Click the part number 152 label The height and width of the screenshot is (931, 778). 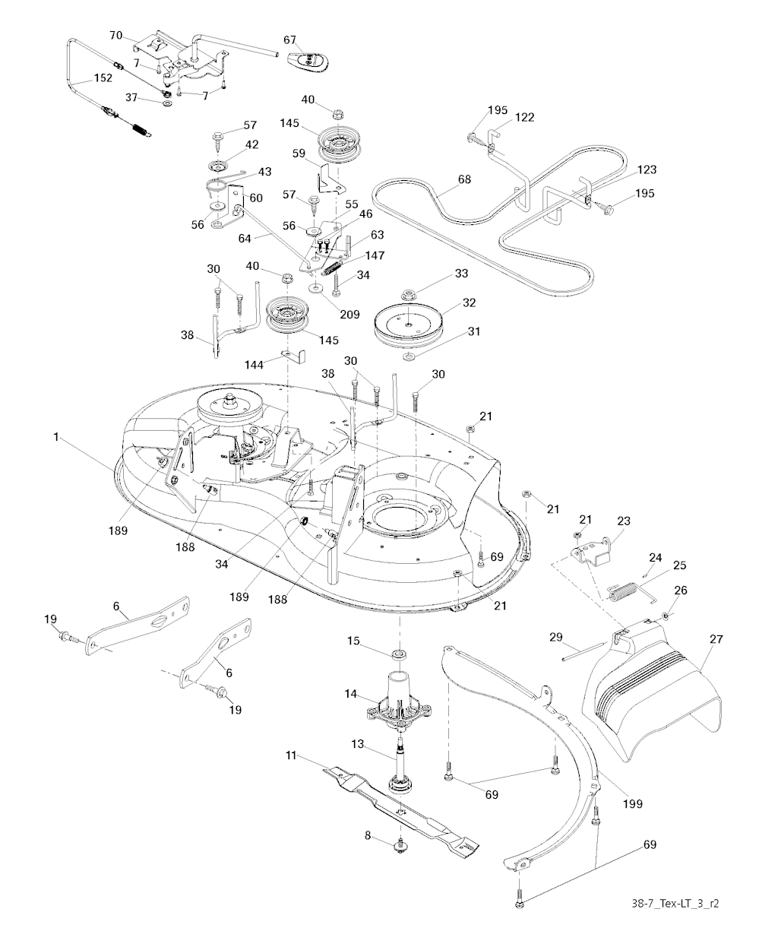coord(103,78)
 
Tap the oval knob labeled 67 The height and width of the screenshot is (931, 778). coord(308,59)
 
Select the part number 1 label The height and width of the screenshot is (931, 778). coord(55,437)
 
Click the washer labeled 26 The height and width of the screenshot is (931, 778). coord(666,615)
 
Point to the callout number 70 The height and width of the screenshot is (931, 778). coord(116,35)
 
